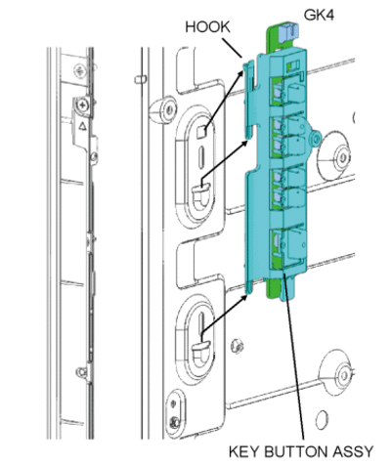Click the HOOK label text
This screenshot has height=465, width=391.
207,27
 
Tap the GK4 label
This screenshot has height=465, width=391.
319,15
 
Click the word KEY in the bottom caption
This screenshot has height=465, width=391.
243,451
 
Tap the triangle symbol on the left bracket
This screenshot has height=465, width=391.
82,126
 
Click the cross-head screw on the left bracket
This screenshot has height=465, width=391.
84,106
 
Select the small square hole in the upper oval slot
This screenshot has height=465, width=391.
202,132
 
